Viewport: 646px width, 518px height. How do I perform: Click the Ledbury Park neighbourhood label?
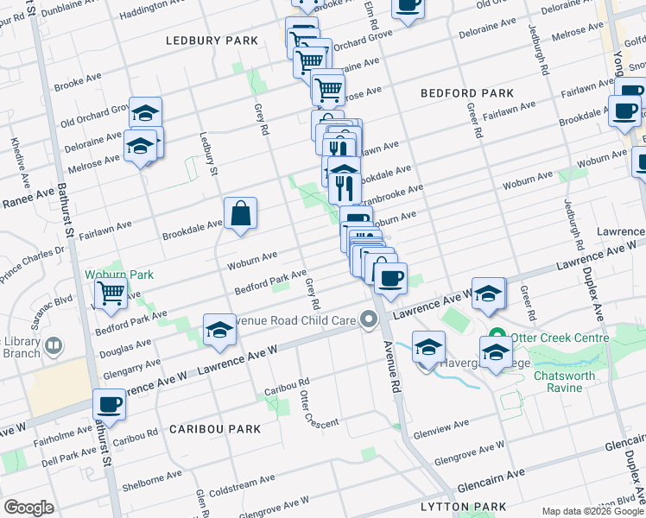(212, 41)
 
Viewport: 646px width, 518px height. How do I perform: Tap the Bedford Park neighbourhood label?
(466, 93)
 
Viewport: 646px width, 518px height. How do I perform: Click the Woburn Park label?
(119, 275)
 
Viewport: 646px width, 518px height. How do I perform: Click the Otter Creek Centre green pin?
(497, 336)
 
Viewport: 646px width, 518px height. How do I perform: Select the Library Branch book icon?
(54, 346)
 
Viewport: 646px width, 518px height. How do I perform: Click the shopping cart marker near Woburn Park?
(111, 294)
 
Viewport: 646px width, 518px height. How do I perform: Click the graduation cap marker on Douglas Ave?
(219, 330)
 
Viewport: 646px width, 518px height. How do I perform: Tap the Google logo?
(29, 508)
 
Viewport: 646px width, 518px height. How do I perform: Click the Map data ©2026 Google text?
(592, 511)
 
